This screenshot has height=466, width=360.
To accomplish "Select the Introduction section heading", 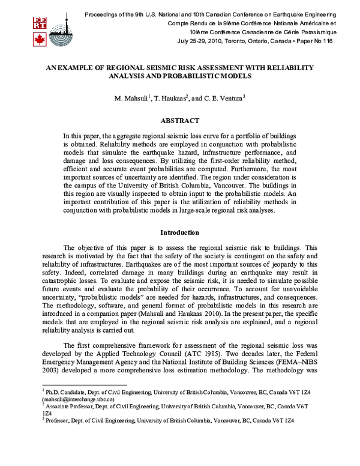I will pyautogui.click(x=179, y=232).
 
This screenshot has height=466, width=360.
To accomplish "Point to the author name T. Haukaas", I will pyautogui.click(x=174, y=98).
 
